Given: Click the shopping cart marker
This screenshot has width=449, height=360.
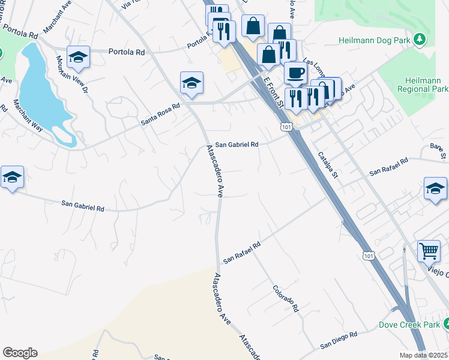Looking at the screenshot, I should point(429,251).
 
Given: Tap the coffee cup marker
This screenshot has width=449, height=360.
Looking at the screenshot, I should point(295,74).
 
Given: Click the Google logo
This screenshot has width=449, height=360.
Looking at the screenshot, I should point(20,353).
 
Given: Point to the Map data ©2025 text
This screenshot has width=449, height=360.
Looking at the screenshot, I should point(424,355).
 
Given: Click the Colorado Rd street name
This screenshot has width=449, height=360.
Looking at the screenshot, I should point(286,298).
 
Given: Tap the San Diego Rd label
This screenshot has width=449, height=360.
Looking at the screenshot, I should point(339,340).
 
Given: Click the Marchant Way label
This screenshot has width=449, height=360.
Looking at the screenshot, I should point(28,113).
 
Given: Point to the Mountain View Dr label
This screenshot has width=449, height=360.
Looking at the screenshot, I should point(73,74).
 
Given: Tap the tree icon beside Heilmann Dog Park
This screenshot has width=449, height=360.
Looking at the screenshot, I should point(421,40).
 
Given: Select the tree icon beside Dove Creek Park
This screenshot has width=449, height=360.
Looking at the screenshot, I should point(445,325).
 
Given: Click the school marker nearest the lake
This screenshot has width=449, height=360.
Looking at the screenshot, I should point(78,57).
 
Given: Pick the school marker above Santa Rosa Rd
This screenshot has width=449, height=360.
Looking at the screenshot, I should point(191,83).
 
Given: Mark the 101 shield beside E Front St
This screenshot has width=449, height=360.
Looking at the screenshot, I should point(286,127).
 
